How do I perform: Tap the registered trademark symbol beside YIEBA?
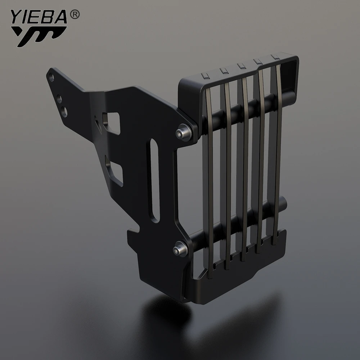coord(75,15)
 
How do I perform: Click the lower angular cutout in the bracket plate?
coord(114,171)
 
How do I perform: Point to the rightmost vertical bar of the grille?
coord(278,151)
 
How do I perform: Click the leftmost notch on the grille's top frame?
coord(204,75)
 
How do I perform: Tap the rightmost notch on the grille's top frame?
coord(274,57)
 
